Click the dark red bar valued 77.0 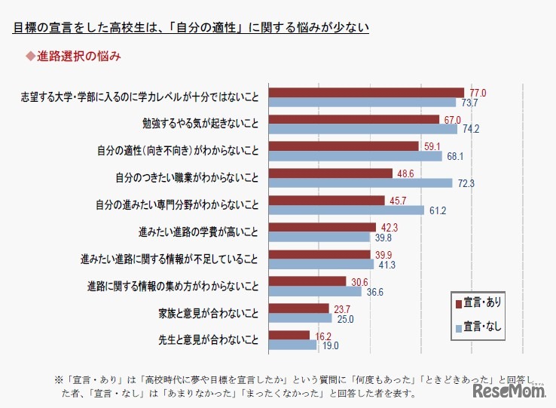point(366,93)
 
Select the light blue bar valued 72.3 point(360,183)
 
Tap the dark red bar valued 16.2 point(289,335)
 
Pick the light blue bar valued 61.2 point(347,210)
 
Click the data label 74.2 point(472,129)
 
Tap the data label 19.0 point(330,346)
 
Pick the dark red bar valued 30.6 point(307,281)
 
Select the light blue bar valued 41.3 point(321,265)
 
